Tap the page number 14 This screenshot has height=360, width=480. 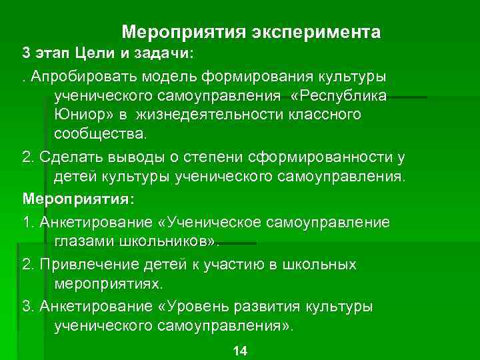(x=239, y=351)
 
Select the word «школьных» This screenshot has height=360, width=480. (x=325, y=264)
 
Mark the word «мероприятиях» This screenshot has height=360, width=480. (x=107, y=284)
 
